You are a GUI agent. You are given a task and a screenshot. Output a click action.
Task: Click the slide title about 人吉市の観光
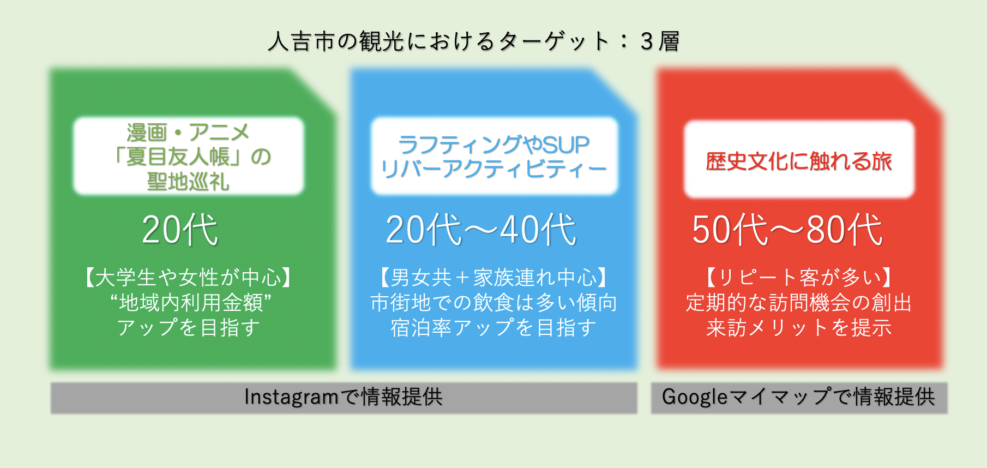tap(473, 41)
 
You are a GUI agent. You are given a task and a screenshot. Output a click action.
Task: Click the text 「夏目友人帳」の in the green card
tap(190, 157)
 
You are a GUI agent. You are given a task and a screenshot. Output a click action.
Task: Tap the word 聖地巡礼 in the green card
tap(188, 182)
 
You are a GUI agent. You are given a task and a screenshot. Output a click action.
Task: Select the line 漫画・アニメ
tap(188, 133)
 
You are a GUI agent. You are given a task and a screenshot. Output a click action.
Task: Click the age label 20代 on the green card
tap(180, 229)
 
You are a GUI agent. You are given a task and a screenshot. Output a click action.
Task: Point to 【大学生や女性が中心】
tap(188, 278)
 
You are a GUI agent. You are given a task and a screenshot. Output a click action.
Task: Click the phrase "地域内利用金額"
tap(190, 303)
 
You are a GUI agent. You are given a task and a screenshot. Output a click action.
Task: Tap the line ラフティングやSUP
tap(494, 145)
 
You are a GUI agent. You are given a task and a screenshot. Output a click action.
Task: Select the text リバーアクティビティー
tap(494, 169)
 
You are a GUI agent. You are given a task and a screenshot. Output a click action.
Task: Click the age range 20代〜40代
tap(481, 229)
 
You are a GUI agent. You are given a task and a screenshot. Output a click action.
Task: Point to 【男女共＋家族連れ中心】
tap(493, 278)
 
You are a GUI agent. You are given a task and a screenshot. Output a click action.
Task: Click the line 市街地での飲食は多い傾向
tap(493, 303)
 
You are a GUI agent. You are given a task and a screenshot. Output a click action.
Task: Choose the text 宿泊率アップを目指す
tap(493, 327)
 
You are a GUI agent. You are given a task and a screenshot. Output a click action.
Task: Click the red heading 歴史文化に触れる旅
tap(799, 161)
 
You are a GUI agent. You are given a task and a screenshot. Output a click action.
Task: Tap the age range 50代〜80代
tap(787, 229)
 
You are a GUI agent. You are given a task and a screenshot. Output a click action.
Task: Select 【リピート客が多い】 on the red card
tap(799, 278)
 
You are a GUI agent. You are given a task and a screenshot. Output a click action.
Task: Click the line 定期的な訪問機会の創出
tap(799, 303)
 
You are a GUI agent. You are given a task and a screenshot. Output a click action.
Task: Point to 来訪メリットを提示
tap(799, 327)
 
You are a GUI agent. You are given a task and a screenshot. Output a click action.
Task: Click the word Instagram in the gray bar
tap(292, 397)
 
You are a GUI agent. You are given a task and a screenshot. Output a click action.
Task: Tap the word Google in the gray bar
tap(695, 397)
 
